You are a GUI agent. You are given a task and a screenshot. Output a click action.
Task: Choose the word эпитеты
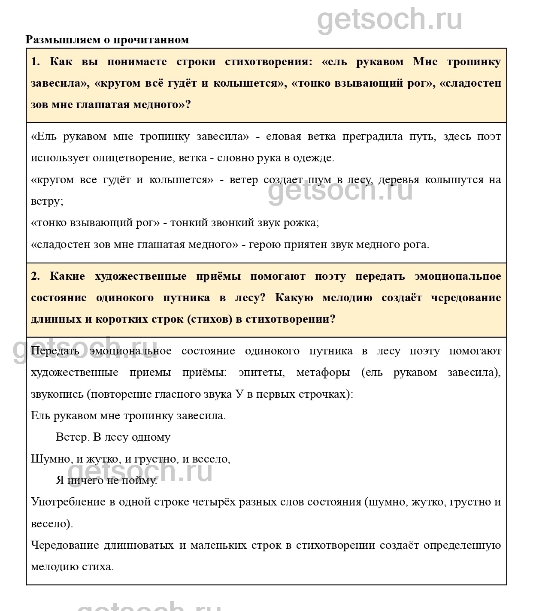point(261,372)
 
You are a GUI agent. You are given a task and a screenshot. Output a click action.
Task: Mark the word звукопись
point(57,394)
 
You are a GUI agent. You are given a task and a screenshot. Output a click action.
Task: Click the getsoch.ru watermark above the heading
point(390,19)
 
